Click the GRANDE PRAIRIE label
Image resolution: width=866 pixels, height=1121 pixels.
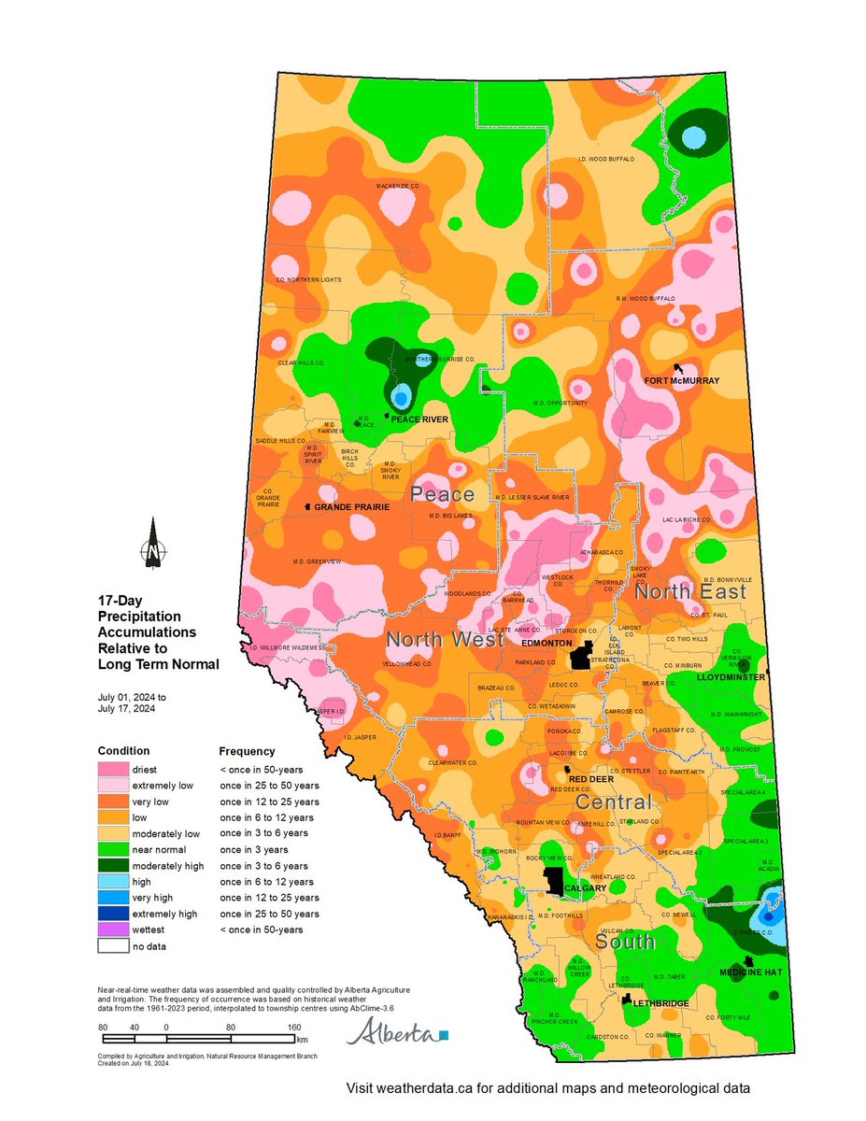351,506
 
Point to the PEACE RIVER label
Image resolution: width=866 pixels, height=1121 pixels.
419,419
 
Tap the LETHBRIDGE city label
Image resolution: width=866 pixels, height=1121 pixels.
660,1003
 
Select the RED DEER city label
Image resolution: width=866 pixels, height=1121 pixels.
589,777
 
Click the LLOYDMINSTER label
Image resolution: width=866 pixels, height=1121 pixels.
731,676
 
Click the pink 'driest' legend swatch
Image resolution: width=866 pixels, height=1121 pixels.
112,770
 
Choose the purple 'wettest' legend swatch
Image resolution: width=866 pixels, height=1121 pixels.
112,929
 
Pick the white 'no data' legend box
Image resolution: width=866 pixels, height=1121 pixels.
112,945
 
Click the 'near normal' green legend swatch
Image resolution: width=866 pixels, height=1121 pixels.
112,849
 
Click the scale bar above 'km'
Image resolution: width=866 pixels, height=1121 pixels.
197,1037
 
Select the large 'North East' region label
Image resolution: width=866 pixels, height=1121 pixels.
690,592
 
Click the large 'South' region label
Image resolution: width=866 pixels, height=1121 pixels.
625,943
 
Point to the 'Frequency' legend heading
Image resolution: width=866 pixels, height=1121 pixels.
247,751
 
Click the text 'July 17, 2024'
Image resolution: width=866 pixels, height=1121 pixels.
126,708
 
